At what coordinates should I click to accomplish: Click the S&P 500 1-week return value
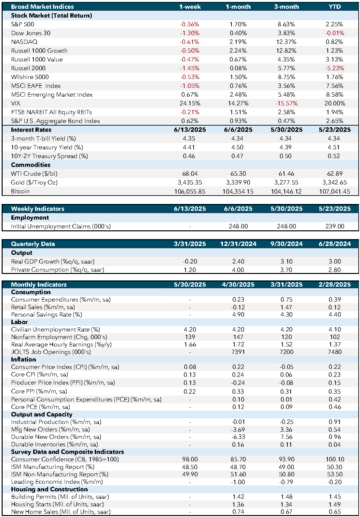[x=189, y=24]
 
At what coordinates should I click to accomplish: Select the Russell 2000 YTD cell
[x=335, y=68]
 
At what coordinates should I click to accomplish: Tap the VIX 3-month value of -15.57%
[x=286, y=103]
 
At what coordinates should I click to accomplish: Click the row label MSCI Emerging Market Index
[x=52, y=95]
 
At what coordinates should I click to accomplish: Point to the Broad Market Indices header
[x=43, y=7]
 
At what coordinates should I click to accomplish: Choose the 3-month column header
[x=286, y=7]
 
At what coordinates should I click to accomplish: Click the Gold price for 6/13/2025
[x=190, y=183]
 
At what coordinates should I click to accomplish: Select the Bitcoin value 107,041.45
[x=335, y=191]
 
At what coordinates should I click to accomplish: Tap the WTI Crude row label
[x=34, y=173]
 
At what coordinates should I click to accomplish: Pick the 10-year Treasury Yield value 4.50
[x=238, y=147]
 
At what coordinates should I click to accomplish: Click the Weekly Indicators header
[x=38, y=209]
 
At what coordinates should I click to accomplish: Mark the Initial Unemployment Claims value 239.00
[x=335, y=226]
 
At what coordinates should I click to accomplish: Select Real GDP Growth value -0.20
[x=190, y=262]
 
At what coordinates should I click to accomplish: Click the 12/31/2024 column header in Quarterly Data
[x=238, y=244]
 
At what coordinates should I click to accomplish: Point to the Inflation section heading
[x=23, y=359]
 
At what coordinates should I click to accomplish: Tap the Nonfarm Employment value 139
[x=190, y=337]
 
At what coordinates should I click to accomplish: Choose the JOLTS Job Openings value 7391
[x=238, y=352]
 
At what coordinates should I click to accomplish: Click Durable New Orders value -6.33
[x=238, y=437]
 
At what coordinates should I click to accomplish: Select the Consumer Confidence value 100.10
[x=335, y=459]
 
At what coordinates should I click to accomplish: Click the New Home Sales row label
[x=61, y=512]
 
